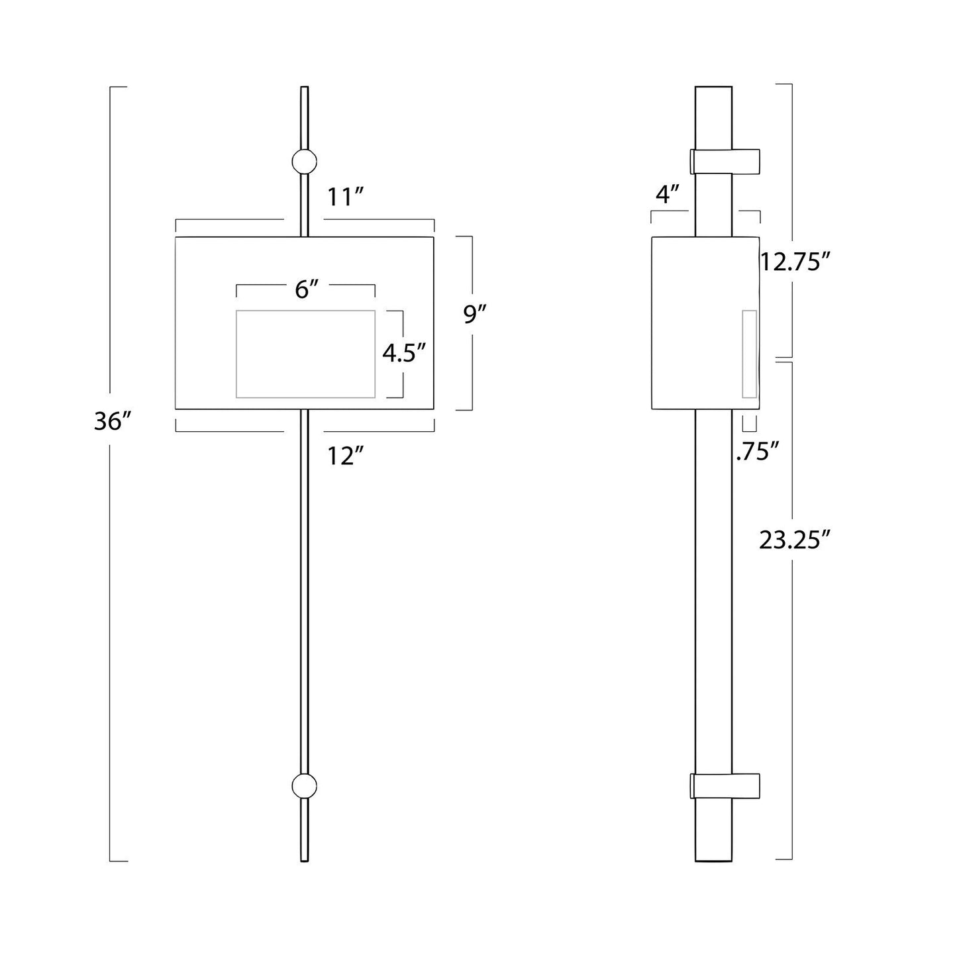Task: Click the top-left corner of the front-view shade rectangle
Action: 176,237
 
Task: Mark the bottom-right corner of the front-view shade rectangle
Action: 434,409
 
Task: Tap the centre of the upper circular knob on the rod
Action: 305,162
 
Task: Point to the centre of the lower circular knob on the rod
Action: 305,786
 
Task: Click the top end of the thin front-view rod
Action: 305,87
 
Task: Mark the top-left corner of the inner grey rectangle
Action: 236,311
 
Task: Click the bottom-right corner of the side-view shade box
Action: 759,409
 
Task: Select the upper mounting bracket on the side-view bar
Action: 725,162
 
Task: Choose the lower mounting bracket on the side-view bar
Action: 725,786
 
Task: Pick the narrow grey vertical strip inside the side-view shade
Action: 750,354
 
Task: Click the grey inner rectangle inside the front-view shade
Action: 305,354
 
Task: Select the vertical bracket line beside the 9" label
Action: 471,323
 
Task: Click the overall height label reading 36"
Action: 112,422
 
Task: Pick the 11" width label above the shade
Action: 346,197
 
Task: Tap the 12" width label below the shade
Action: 346,456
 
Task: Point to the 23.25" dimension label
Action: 795,540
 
